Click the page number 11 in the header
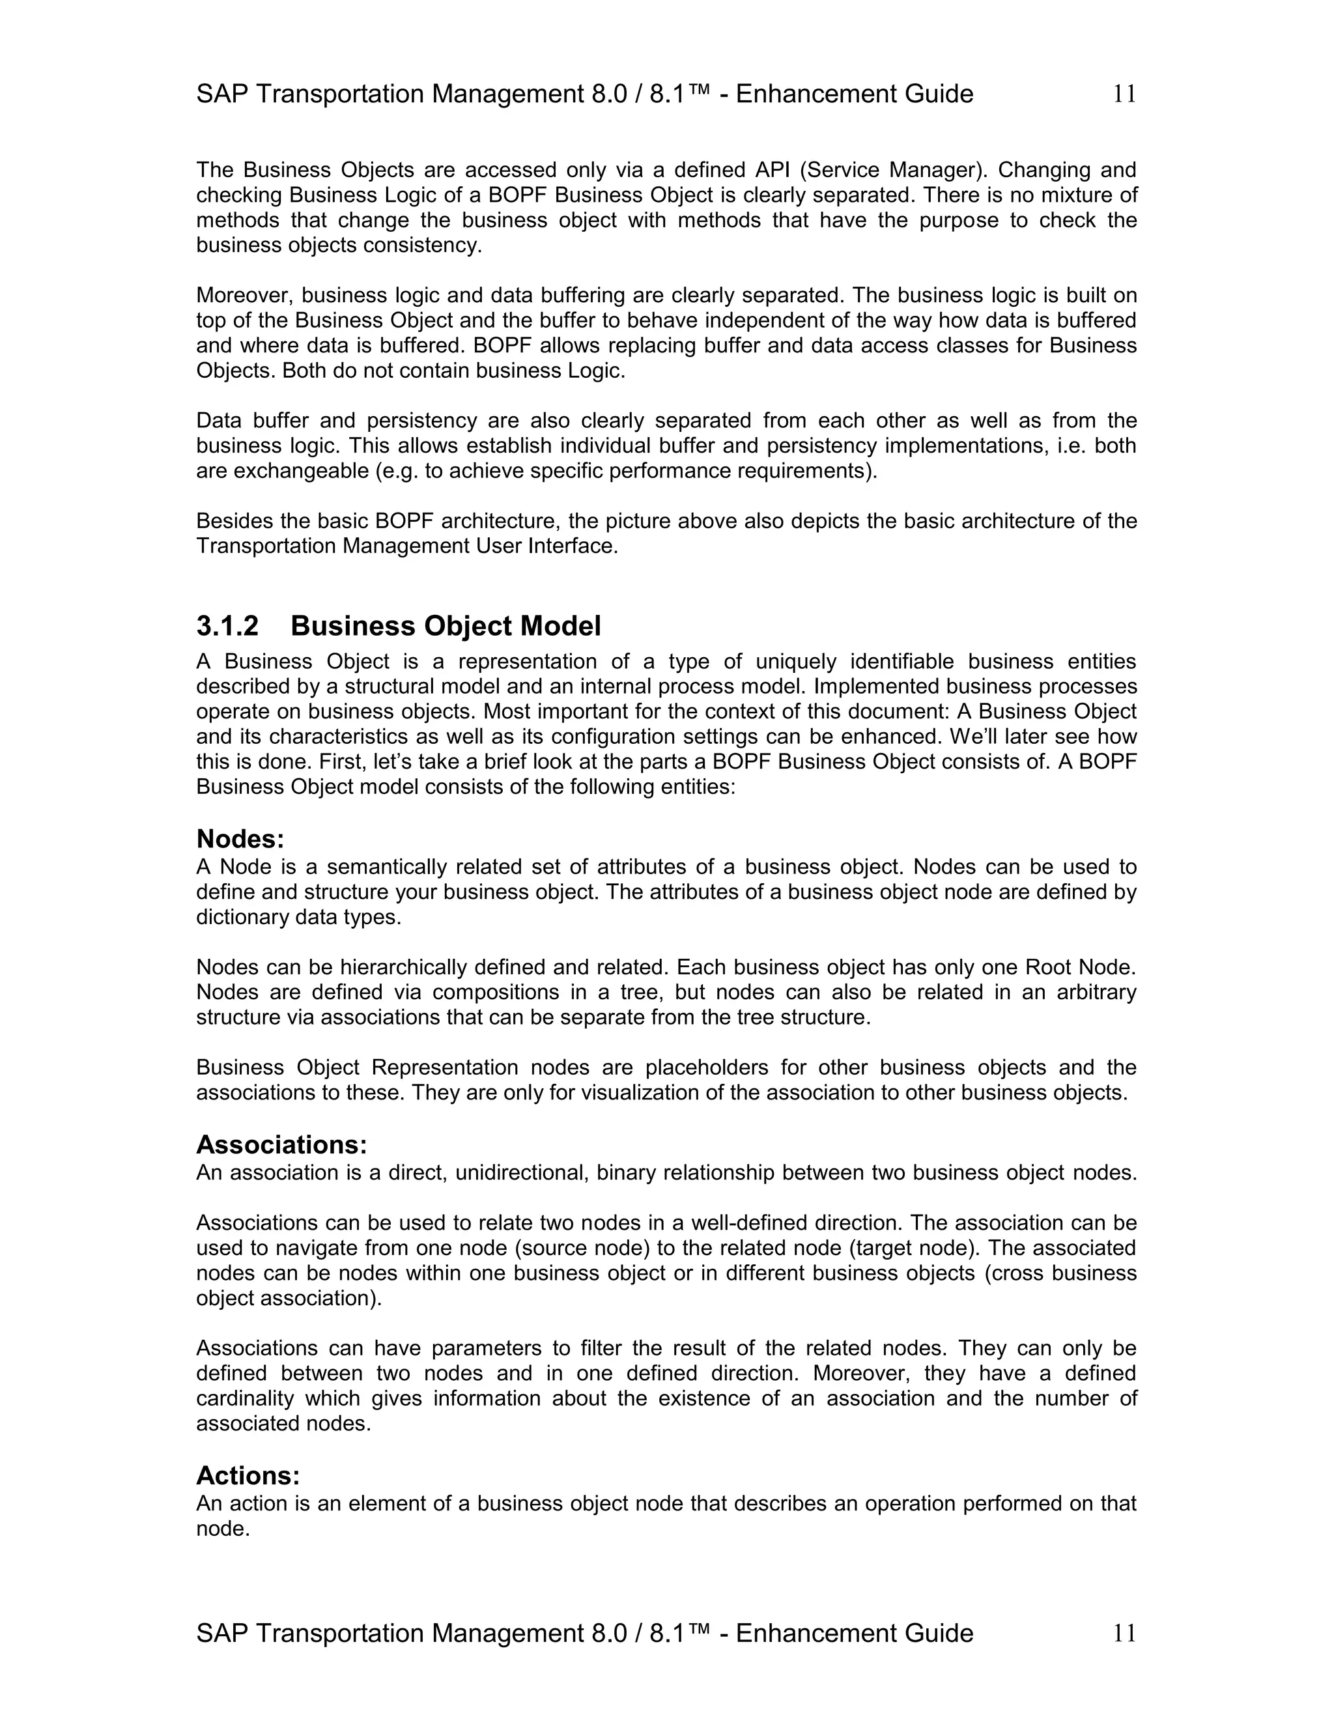[x=1124, y=94]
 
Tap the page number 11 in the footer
[x=1124, y=1633]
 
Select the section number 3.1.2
[x=227, y=626]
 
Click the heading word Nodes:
[x=240, y=838]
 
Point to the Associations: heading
[x=281, y=1144]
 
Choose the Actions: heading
[x=248, y=1475]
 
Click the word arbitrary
[x=1096, y=992]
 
